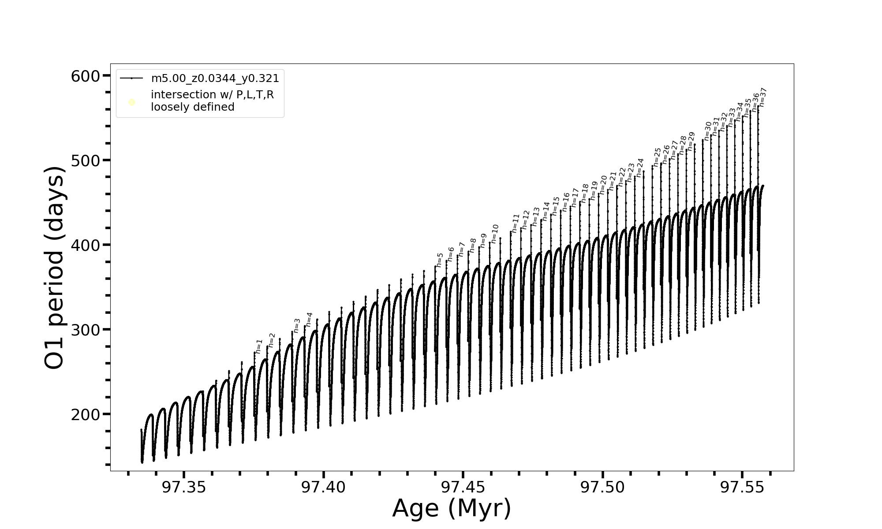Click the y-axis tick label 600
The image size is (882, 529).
(86, 76)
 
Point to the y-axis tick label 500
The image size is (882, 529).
(86, 160)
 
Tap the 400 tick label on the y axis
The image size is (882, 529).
(86, 245)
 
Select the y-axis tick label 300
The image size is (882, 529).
(86, 330)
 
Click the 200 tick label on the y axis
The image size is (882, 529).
(86, 414)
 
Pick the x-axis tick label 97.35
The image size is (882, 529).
(184, 487)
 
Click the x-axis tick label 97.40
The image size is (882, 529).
(323, 487)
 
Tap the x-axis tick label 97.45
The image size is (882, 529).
(463, 487)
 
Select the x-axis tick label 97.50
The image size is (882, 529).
(602, 487)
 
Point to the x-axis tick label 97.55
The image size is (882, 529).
(742, 487)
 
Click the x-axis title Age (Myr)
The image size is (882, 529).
(452, 508)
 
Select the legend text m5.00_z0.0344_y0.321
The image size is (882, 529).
(215, 78)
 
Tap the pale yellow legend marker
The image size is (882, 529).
(131, 102)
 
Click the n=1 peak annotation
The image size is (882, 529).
(259, 346)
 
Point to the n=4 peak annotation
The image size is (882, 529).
(309, 319)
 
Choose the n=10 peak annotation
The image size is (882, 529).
(495, 234)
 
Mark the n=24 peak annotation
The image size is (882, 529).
(640, 168)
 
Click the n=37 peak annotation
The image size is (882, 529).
(763, 97)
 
